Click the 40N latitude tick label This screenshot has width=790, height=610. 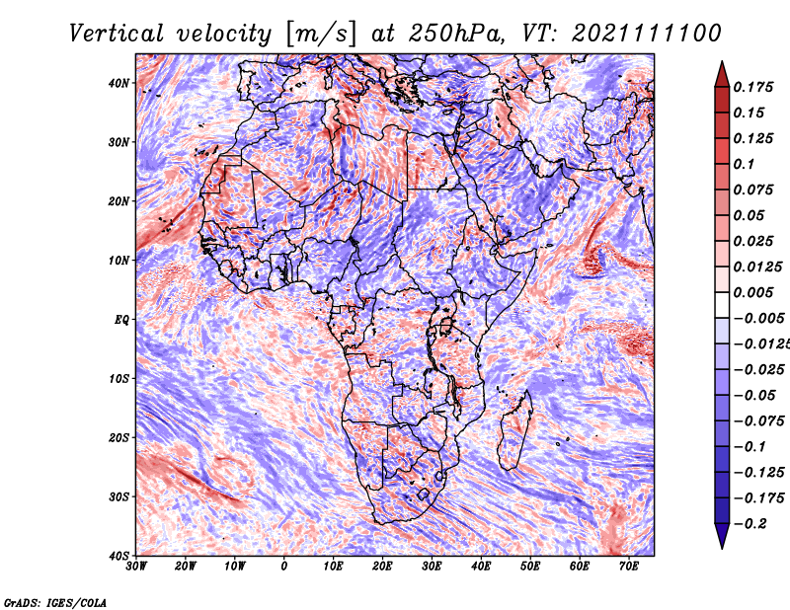click(118, 83)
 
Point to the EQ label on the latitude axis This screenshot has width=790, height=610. click(121, 320)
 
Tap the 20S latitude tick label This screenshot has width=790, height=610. click(118, 437)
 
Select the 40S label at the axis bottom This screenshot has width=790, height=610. click(118, 556)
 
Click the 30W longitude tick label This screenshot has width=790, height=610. click(136, 567)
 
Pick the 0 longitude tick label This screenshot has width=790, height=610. click(284, 567)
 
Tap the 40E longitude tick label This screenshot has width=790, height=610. click(481, 567)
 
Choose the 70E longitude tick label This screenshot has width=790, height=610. click(629, 567)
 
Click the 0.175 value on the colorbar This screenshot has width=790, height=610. click(752, 88)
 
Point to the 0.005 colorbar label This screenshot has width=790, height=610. click(752, 292)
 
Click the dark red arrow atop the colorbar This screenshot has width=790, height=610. click(722, 74)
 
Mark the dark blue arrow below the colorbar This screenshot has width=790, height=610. click(722, 536)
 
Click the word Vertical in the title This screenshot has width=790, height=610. click(116, 34)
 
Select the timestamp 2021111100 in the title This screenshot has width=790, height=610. click(647, 34)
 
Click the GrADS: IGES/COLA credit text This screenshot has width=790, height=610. click(55, 602)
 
